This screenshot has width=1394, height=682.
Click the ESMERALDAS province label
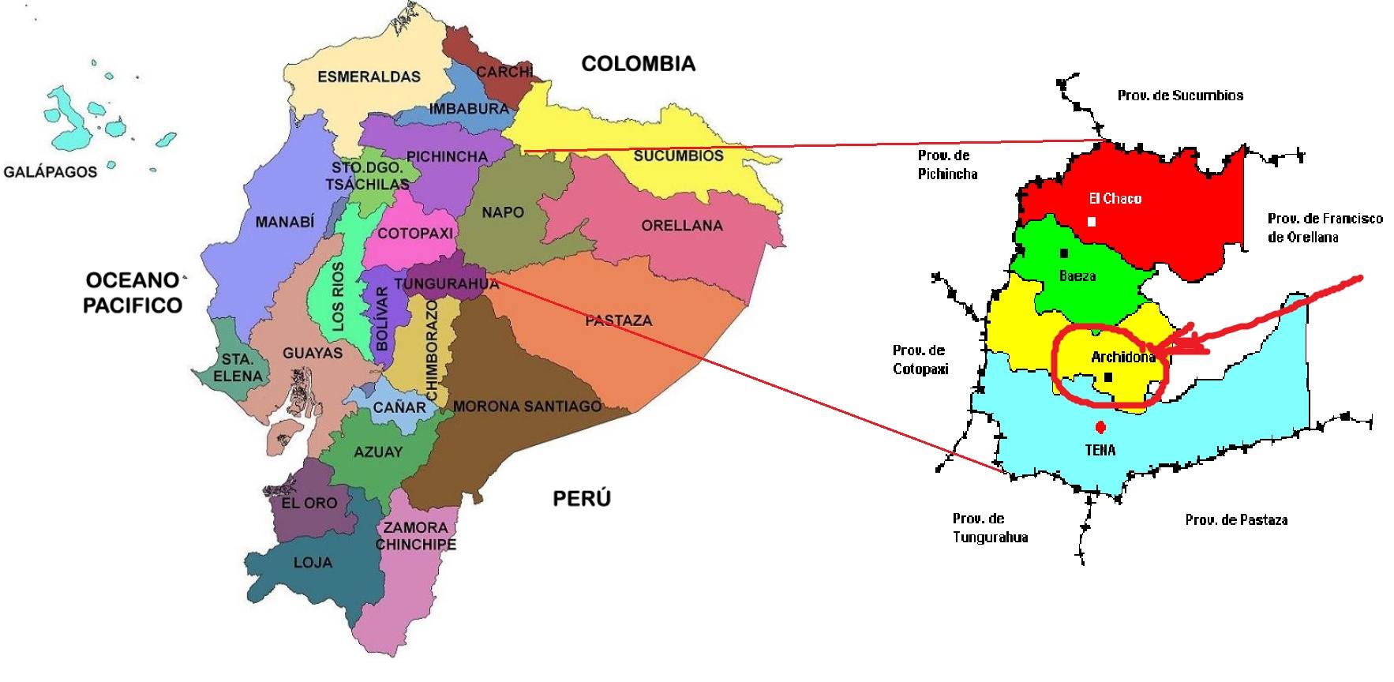click(369, 77)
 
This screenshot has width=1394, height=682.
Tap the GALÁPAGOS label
click(51, 172)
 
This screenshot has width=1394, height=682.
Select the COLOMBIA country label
click(638, 64)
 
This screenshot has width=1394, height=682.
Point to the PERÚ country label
click(581, 499)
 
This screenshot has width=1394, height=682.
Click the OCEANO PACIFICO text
click(133, 293)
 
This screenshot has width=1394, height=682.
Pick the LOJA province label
click(313, 563)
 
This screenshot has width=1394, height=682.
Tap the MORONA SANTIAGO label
click(526, 407)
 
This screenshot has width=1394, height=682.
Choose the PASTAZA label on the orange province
click(618, 320)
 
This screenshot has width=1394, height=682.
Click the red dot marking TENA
click(1100, 428)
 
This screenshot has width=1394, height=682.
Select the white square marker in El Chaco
click(1092, 222)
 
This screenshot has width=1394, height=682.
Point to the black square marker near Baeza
click(1064, 253)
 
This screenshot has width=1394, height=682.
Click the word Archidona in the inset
click(1122, 358)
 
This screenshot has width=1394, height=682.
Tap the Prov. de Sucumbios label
click(1180, 96)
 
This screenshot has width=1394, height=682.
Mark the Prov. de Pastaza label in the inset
click(1236, 519)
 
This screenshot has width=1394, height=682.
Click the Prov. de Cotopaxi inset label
click(919, 359)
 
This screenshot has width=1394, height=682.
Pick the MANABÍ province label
click(284, 223)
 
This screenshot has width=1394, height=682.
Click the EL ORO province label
click(309, 503)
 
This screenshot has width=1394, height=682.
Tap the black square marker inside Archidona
click(1108, 377)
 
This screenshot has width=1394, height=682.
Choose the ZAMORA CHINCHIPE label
click(415, 536)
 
